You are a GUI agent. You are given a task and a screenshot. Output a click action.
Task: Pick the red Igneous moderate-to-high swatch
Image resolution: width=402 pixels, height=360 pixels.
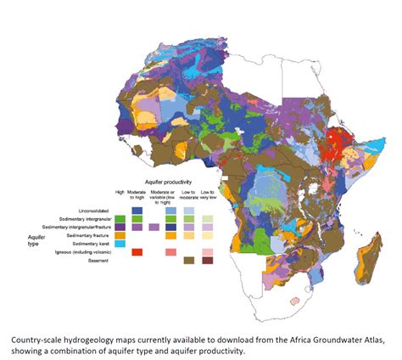tap(137, 252)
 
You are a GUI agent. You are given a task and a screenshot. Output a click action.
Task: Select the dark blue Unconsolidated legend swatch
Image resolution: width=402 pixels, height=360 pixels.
tap(137, 210)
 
